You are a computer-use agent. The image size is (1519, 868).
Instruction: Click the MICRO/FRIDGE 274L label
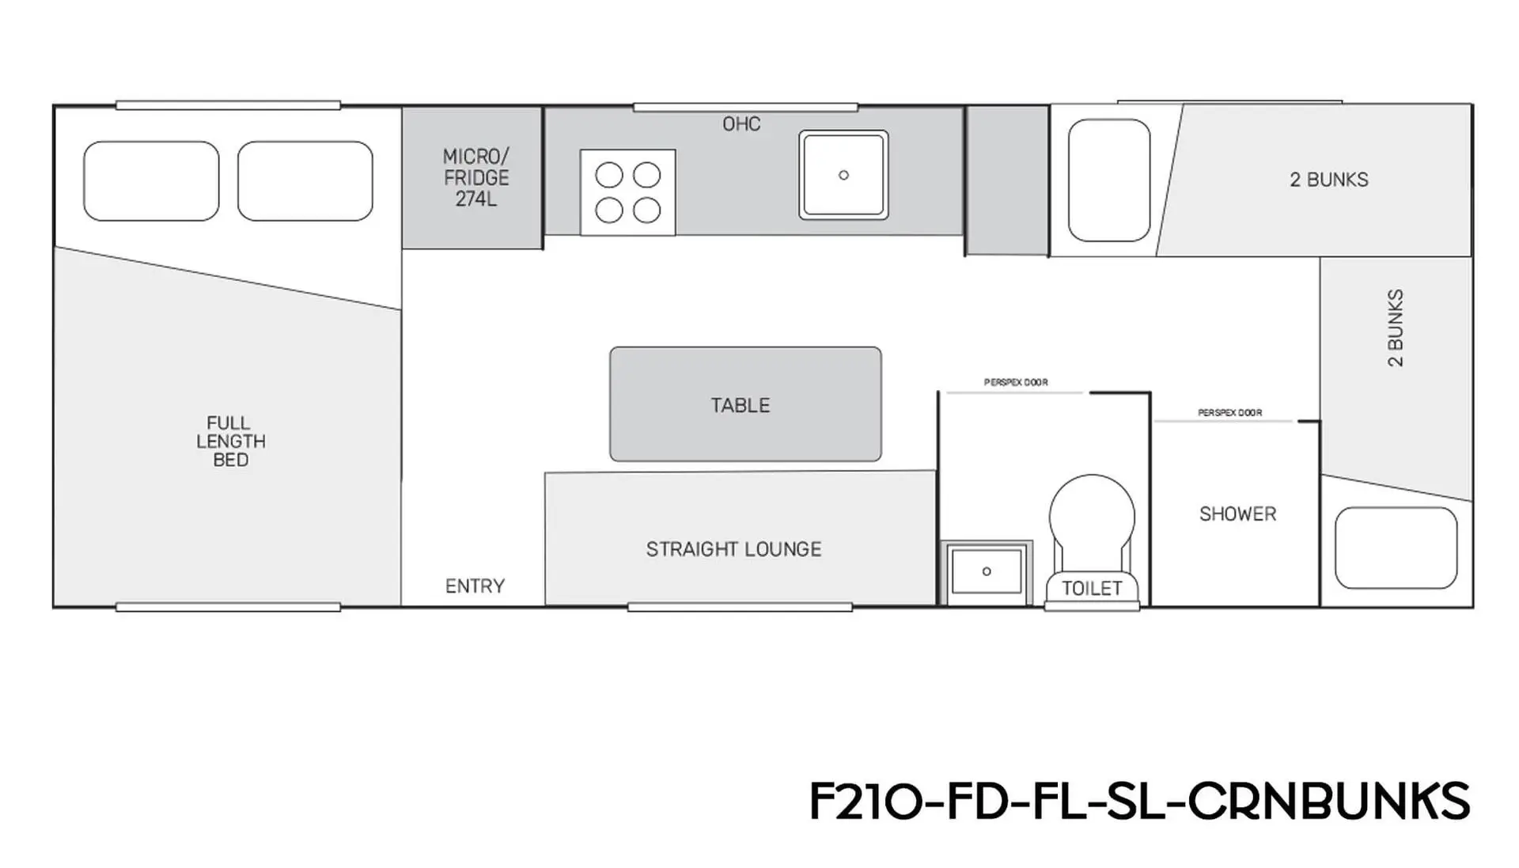point(476,178)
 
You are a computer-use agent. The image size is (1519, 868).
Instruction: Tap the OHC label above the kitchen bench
point(741,124)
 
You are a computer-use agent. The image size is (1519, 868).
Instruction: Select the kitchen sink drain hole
point(843,175)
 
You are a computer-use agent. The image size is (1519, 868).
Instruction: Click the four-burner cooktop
point(628,192)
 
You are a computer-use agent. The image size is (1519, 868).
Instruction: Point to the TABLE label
point(741,405)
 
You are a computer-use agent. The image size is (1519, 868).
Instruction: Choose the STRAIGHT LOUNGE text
point(733,549)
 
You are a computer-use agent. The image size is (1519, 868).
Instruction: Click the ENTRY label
point(475,586)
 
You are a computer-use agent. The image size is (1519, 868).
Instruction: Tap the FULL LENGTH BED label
point(231,442)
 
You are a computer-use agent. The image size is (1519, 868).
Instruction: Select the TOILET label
point(1092,589)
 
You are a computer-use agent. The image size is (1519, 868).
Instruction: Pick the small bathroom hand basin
point(987,571)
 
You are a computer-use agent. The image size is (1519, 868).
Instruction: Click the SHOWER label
point(1238,514)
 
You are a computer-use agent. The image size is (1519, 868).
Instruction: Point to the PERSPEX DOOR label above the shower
point(1230,412)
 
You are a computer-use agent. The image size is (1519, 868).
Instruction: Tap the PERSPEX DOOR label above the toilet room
point(1016,382)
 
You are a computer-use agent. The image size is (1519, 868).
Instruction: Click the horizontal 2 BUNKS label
point(1329,180)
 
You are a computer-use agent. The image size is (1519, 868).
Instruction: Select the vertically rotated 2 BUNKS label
point(1396,328)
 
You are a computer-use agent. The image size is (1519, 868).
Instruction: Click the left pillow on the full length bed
point(151,181)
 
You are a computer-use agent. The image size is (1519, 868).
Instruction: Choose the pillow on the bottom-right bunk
point(1396,548)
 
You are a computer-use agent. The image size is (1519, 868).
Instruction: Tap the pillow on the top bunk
point(1109,180)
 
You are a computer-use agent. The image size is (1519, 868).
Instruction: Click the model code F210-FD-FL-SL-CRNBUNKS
point(1140,801)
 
